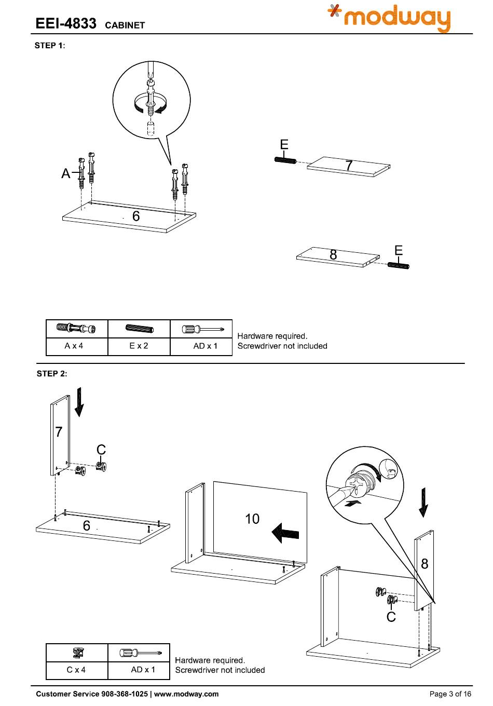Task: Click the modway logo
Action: pos(389,18)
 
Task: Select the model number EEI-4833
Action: pos(66,23)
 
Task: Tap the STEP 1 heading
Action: pos(50,45)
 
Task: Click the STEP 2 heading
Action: pos(52,374)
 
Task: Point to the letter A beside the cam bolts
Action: pos(65,173)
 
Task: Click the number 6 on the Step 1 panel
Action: pos(136,216)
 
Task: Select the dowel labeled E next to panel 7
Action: pos(285,160)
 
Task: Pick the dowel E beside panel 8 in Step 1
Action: pos(398,265)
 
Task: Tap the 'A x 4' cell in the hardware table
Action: pos(74,346)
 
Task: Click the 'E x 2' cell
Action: pos(139,346)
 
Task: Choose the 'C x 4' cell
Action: pos(76,670)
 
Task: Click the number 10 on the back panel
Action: pos(252,519)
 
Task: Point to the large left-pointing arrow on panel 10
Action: pos(285,533)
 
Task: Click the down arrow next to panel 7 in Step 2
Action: pos(79,402)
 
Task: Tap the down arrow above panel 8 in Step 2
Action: pos(423,503)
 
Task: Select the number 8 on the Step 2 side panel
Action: pos(424,564)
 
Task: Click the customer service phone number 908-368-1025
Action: pos(125,694)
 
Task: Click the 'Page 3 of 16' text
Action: pos(450,694)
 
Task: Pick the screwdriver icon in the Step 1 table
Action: pos(203,330)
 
